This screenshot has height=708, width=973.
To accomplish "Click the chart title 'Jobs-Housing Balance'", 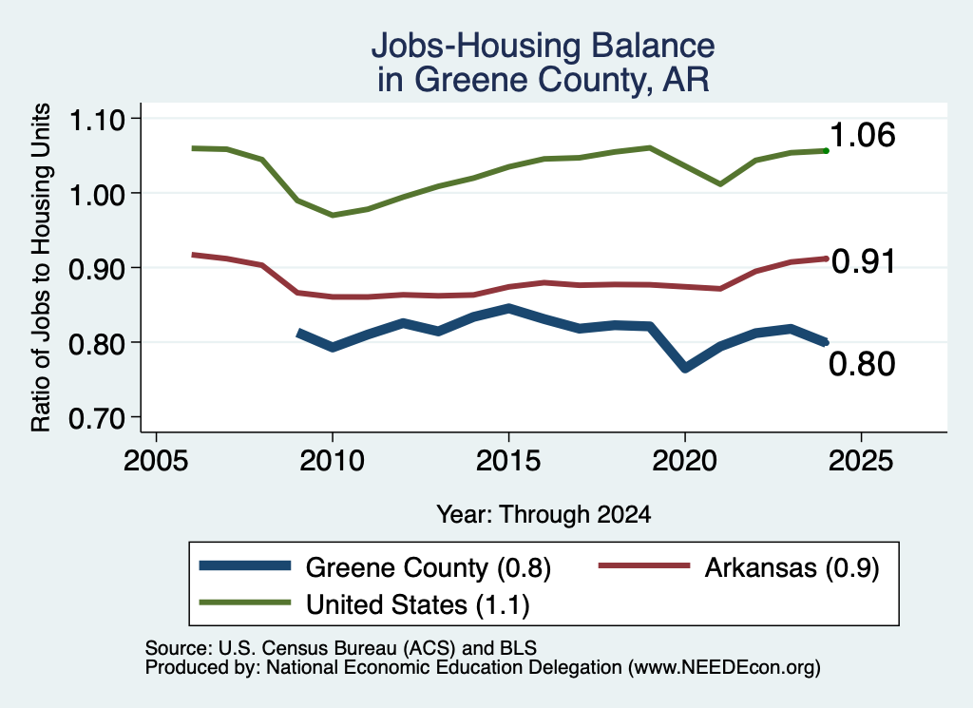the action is (543, 46).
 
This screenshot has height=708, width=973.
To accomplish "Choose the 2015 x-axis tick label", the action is (508, 460).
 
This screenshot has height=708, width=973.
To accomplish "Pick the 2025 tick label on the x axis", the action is (861, 460).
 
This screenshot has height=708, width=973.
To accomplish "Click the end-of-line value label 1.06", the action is (862, 135).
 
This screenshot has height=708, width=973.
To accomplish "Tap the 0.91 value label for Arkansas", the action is (863, 260).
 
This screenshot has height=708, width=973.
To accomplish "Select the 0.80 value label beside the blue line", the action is (862, 363).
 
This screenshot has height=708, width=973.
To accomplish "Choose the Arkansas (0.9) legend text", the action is (792, 567).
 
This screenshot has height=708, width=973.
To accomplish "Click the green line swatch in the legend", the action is (245, 603).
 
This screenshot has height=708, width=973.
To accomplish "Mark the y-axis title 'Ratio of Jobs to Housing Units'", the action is (41, 267).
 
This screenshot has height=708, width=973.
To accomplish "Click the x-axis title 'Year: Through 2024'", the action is (544, 514).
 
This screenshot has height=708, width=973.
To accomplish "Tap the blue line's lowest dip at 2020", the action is (684, 368).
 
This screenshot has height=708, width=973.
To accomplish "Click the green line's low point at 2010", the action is (333, 215).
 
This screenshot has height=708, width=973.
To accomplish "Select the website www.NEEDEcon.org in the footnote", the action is (723, 667).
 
